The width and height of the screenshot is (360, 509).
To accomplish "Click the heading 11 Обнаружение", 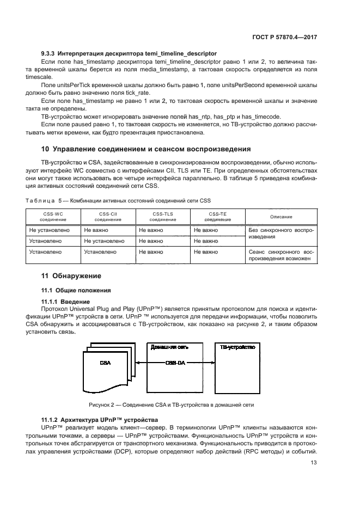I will pos(71,276).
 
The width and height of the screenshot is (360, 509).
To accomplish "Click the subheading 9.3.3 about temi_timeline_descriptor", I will pos(129,53).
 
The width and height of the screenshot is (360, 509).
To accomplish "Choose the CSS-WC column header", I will pos(53,217).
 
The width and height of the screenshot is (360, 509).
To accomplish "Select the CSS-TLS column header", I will pos(162,217).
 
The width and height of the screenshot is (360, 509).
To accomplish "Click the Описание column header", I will pos(280,217).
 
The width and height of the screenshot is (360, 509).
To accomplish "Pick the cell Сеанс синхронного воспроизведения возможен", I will pos(280,256).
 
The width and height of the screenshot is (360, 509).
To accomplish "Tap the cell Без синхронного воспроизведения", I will pos(280,234).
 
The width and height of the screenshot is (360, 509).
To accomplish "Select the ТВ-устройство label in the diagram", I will pos(236,347).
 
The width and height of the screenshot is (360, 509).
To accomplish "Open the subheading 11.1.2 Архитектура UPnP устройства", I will pos(100,419).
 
